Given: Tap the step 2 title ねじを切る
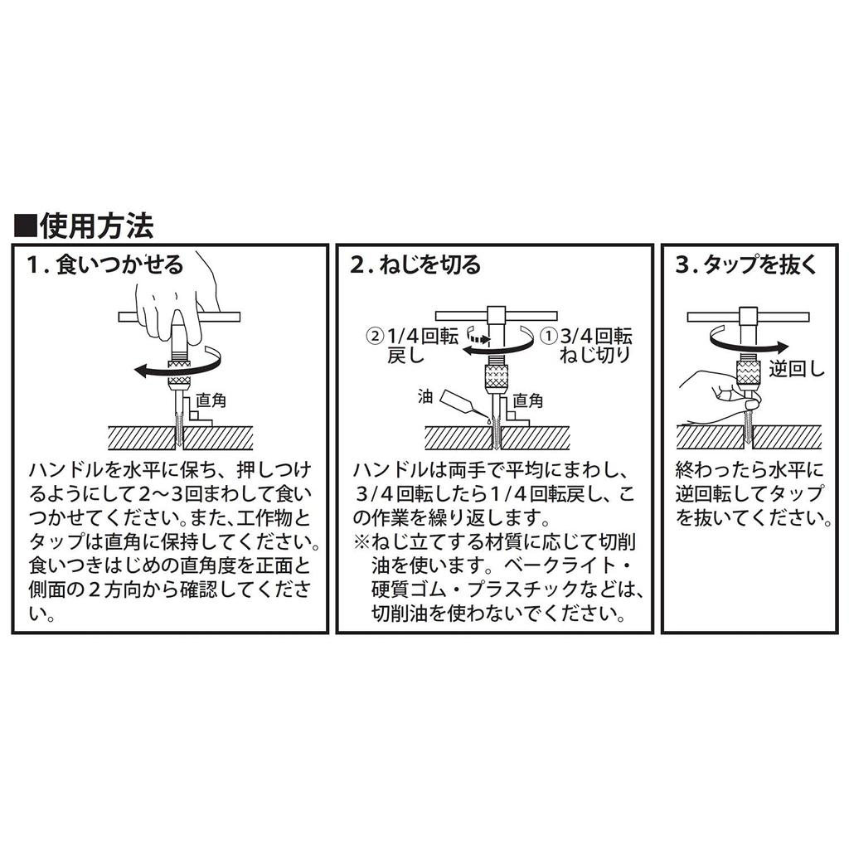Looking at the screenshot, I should [x=415, y=265].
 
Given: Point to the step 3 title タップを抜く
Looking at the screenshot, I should [x=747, y=265].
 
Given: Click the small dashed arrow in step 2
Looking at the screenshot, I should [x=478, y=337].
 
